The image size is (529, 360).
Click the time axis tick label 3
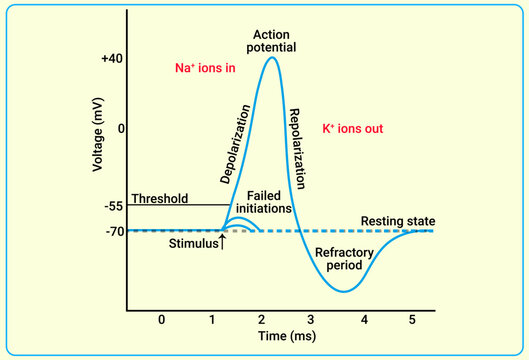313,320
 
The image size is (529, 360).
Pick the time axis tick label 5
414,320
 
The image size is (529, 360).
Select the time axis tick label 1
211,320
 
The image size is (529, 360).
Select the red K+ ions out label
353,129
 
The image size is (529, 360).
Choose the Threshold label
159,198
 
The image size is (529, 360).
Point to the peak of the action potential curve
271,57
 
